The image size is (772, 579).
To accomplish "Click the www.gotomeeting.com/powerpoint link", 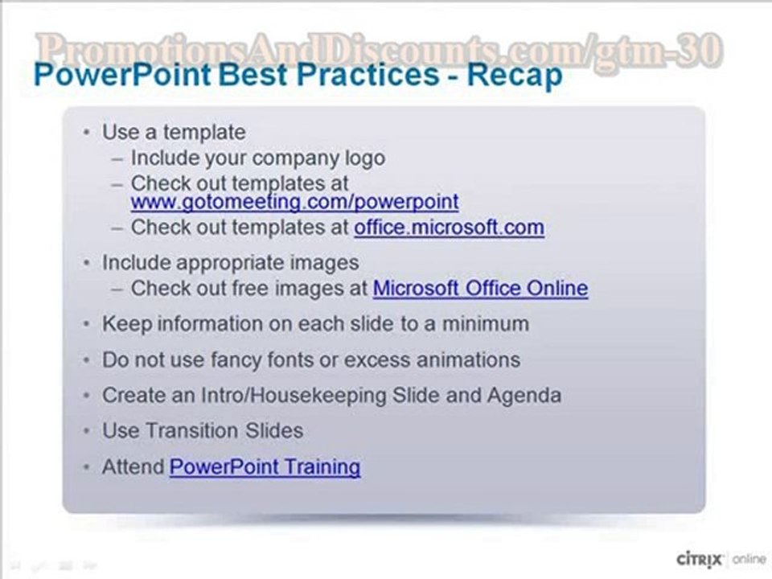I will (294, 201).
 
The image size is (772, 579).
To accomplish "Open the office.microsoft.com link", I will (449, 228).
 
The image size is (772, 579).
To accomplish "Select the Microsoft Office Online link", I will (480, 288).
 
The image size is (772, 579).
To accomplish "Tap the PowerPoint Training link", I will (265, 466).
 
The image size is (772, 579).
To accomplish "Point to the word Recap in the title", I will (515, 76).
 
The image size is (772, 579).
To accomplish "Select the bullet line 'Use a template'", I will (174, 131).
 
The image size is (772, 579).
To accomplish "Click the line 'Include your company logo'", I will (257, 158).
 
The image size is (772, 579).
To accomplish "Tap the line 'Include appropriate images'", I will (230, 262).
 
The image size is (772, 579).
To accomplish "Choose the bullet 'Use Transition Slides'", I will (202, 430).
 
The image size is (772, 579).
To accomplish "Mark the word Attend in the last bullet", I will (133, 466).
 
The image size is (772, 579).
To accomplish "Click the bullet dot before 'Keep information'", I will (86, 324).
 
